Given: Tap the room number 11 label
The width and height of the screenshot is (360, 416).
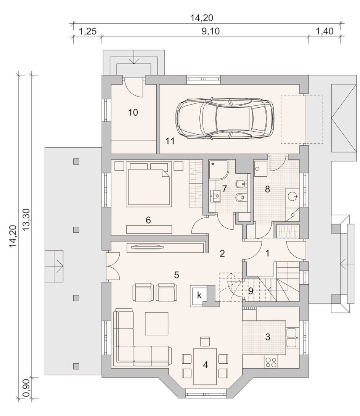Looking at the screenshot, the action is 170,141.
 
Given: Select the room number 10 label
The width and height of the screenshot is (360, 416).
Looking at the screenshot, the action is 133,113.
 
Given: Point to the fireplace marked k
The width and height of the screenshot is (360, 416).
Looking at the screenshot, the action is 199,295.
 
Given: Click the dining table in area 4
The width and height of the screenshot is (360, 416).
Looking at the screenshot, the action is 205,366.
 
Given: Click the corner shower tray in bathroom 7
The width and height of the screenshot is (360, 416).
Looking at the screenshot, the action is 218,169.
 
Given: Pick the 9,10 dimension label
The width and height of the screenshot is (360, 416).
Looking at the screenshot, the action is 211,31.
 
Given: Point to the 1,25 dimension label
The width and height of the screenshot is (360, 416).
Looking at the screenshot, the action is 87,31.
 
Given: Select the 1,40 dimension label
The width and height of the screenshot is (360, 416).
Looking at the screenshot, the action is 325,31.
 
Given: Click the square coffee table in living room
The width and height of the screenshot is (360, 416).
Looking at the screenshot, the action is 156,323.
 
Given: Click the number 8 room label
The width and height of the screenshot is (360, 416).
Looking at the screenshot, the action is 267,189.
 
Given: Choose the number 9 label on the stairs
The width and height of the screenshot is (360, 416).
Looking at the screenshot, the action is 251,291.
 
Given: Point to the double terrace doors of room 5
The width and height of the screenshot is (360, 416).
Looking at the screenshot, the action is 113,266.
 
